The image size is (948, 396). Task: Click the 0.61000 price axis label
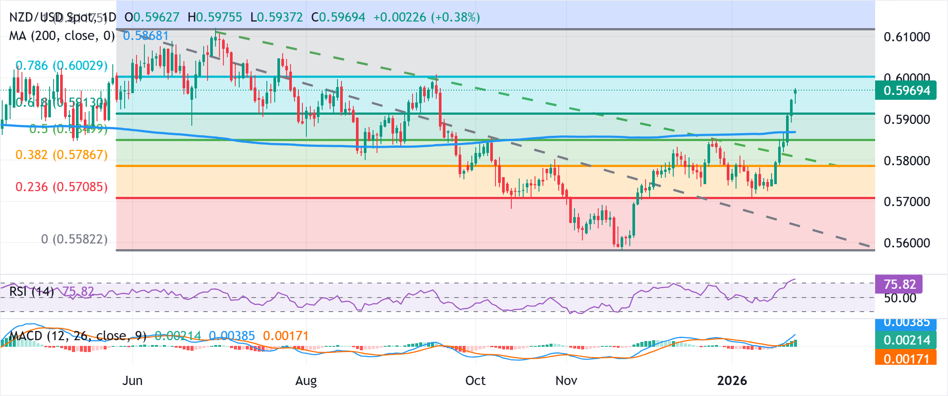907,37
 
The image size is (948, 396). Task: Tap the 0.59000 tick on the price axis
907,120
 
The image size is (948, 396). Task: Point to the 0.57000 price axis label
907,202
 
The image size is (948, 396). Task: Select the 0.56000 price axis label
907,243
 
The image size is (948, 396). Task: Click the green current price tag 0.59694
906,91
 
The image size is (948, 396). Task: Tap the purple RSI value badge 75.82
899,284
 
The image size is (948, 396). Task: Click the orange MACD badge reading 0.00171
906,359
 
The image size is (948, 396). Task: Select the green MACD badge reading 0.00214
906,340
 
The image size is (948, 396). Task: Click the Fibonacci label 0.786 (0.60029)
61,65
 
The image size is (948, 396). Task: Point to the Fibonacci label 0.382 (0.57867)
61,155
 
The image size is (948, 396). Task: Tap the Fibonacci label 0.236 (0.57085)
61,187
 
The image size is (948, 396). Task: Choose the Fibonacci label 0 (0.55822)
74,239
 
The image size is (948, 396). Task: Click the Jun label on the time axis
132,380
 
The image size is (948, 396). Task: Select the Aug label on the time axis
306,380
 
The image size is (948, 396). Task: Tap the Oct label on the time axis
475,380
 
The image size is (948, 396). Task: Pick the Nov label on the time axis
566,380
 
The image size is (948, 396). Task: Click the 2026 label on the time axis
732,380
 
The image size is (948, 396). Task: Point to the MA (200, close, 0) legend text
62,36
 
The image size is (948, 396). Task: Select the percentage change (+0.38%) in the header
455,17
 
